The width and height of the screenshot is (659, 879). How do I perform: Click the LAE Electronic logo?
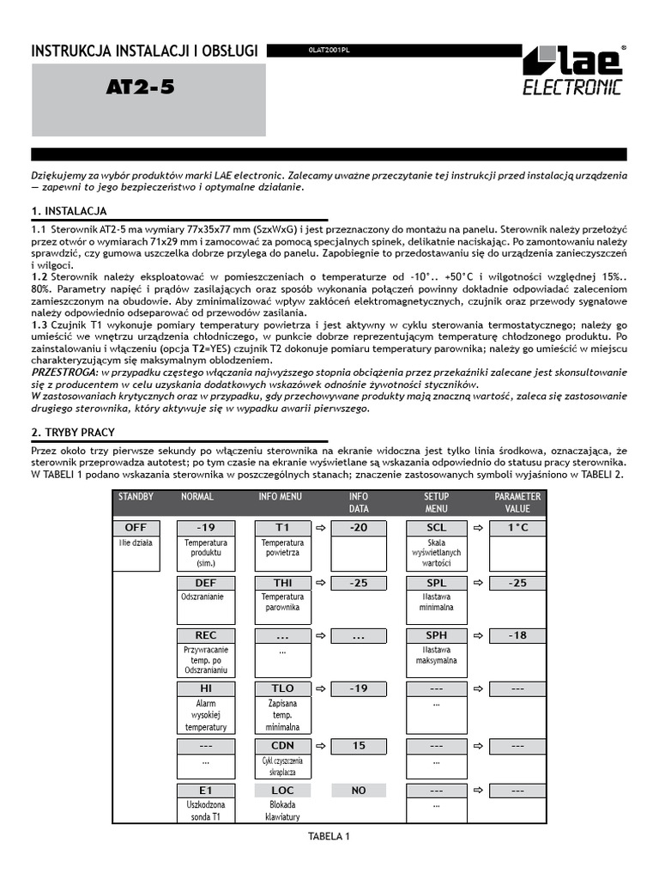572,70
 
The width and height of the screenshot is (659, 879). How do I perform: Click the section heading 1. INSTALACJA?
69,211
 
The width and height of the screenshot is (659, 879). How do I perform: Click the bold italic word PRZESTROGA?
63,372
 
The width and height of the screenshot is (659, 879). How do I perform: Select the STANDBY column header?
136,496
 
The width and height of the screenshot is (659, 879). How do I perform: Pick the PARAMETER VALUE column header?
517,502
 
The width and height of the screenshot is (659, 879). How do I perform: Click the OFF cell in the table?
136,528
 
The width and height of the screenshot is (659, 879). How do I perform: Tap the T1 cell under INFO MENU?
282,528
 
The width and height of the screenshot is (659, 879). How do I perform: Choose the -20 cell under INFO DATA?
358,528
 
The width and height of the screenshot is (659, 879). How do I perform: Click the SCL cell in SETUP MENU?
436,528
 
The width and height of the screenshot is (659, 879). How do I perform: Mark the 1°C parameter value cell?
517,528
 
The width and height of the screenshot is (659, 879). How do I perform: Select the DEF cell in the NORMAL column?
205,583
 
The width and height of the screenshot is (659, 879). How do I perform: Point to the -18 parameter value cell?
517,636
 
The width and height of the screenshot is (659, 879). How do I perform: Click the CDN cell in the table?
282,746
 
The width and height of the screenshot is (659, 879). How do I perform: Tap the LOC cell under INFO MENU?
282,791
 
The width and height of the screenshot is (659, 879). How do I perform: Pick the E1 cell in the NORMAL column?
205,791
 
